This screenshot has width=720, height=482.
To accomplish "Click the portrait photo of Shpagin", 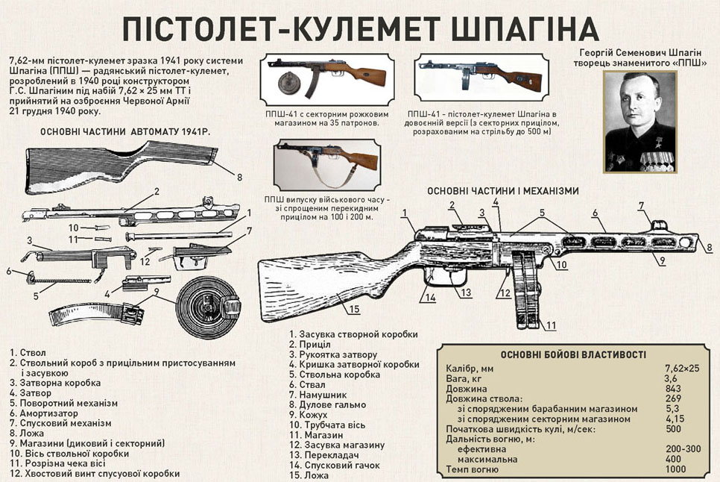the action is point(640,122).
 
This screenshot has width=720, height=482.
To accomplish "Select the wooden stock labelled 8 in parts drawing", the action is point(121,168).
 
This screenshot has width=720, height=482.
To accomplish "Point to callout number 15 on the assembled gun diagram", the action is point(354,309).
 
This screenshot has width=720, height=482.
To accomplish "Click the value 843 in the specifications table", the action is point(673,389).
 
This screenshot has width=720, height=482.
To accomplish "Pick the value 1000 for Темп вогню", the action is point(675,469).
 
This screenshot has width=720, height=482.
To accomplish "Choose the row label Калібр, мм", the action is point(470,369).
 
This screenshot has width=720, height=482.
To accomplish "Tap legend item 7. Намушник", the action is point(318,395).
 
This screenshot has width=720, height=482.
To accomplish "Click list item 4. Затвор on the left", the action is point(31,393).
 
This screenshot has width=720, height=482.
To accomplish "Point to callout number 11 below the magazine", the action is point(551,326).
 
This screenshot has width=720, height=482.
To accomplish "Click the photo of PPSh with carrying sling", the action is point(327,164).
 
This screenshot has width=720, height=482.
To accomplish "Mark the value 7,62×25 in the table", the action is point(682,369).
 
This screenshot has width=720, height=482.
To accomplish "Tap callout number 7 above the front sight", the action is point(642,206).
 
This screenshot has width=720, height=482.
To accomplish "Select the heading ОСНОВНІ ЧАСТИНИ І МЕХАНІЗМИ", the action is point(503,191).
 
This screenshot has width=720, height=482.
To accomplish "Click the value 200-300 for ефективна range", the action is point(683,449).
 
